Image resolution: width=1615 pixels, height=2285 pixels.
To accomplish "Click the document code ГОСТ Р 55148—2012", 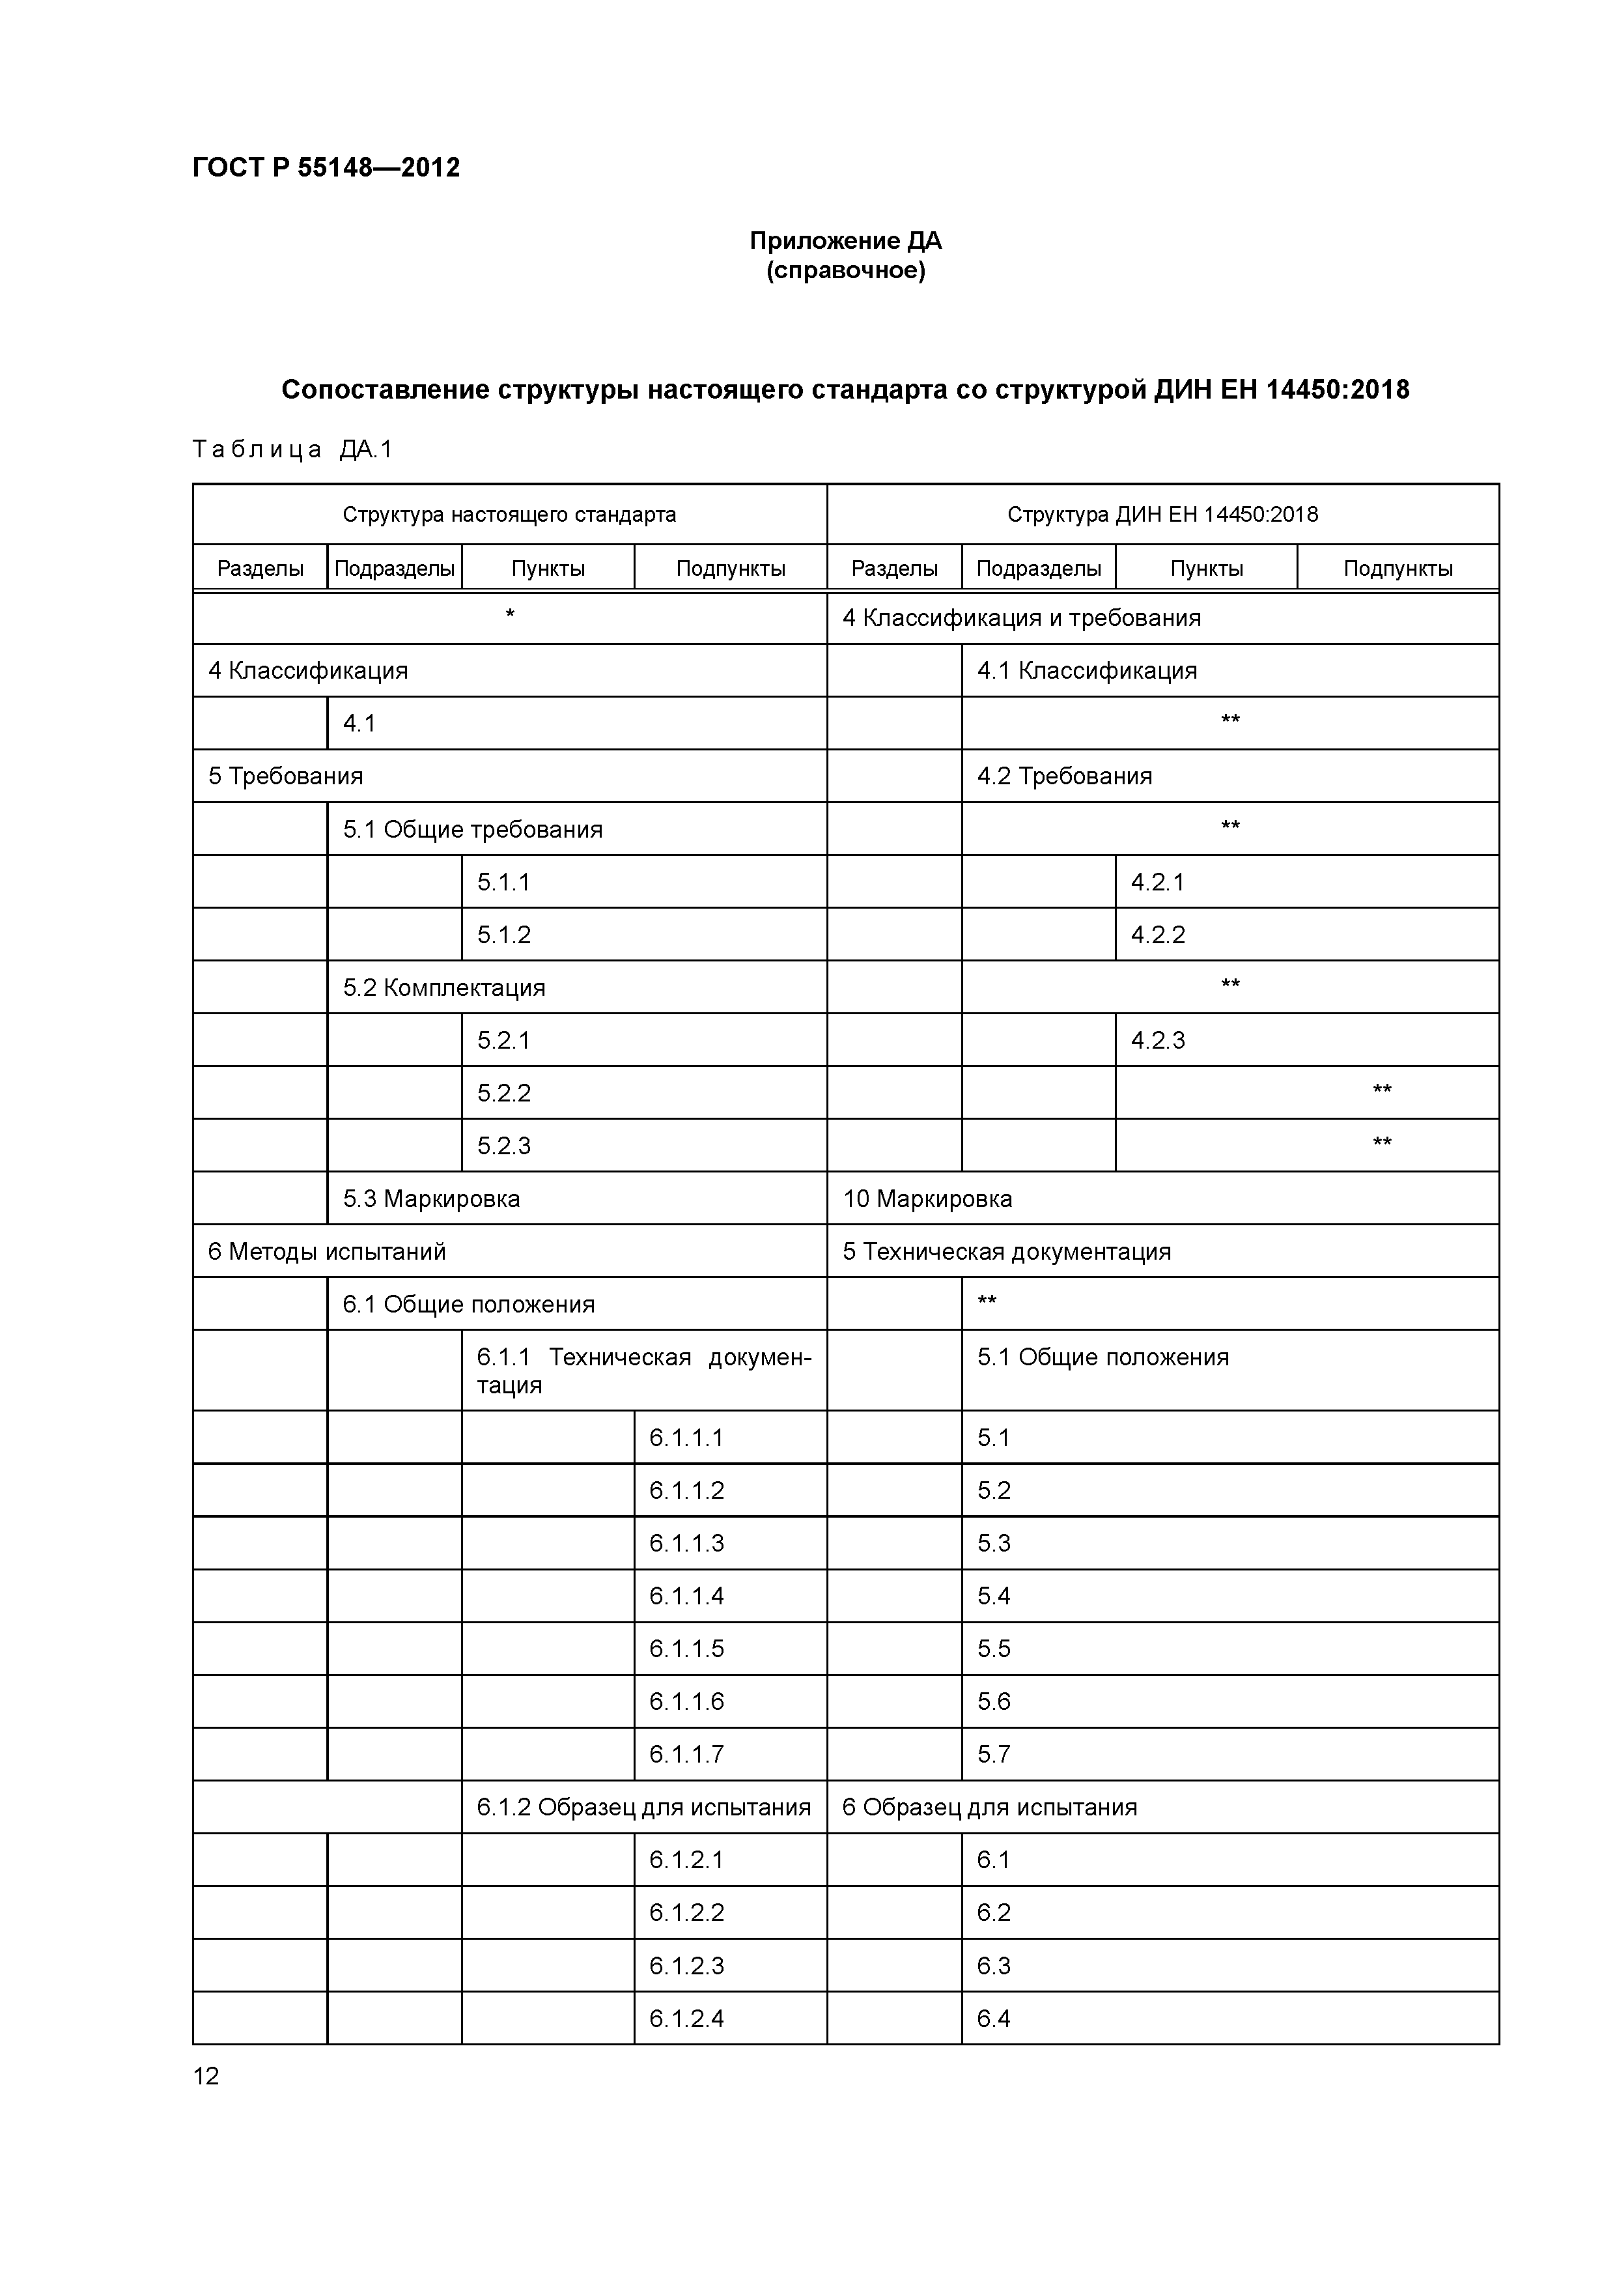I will click(x=326, y=167).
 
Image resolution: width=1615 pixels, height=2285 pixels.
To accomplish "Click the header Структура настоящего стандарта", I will click(x=509, y=515).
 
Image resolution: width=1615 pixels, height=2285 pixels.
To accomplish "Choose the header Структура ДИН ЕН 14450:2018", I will click(x=1162, y=515).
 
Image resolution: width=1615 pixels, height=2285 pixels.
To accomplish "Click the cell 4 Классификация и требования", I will click(x=1021, y=618).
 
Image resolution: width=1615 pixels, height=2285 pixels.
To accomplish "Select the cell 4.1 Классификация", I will click(x=1087, y=671).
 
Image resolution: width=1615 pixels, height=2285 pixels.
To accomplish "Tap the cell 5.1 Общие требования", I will click(x=473, y=830).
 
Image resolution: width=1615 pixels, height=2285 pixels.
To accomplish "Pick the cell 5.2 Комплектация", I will click(x=444, y=988).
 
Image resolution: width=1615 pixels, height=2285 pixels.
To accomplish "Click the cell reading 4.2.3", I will click(x=1159, y=1041).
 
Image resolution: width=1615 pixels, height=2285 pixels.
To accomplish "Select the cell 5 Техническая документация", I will click(x=1006, y=1252).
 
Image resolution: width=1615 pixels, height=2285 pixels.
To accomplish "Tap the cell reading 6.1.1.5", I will click(x=686, y=1649).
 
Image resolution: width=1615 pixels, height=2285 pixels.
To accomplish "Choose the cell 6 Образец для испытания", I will click(x=989, y=1808).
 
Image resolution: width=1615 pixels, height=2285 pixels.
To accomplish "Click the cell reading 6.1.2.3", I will click(x=686, y=1966).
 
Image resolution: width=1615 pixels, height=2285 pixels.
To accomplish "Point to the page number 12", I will click(x=206, y=2076).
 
